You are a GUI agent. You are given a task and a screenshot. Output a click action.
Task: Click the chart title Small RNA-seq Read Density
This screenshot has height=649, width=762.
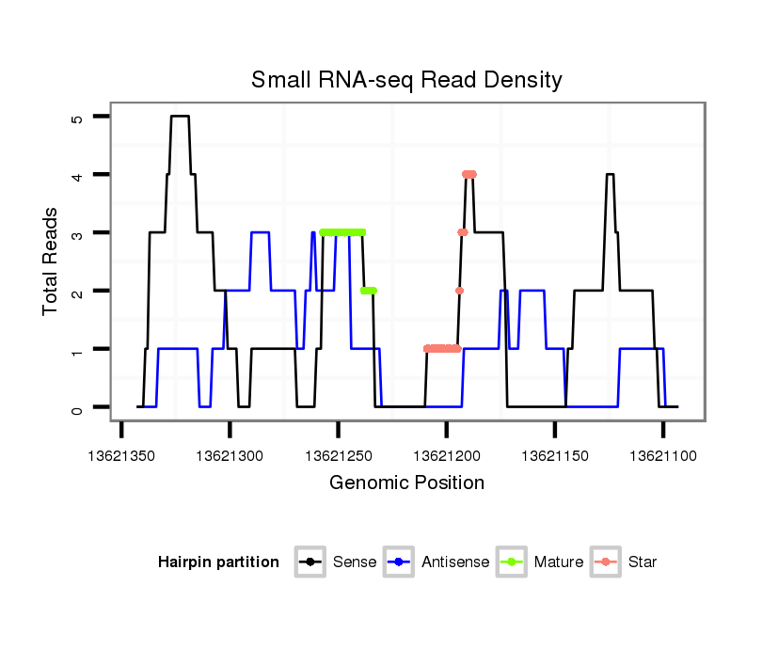406,80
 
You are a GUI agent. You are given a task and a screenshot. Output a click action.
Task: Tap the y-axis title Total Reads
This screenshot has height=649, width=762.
51,261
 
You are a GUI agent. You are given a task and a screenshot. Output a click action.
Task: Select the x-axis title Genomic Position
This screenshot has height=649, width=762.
406,483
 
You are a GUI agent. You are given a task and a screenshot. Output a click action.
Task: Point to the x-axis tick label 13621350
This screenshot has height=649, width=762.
121,455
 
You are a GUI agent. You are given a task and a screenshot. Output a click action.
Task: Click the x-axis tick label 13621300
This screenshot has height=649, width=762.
230,455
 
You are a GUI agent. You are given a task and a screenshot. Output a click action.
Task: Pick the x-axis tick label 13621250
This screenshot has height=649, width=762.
338,455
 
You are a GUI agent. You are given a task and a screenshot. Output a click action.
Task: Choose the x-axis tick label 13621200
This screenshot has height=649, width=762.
446,455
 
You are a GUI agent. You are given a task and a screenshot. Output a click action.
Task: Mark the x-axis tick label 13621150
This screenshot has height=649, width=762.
554,455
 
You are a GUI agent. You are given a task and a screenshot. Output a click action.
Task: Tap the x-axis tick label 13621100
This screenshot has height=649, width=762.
662,455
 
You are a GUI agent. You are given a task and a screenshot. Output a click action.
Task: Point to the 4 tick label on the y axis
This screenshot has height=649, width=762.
77,175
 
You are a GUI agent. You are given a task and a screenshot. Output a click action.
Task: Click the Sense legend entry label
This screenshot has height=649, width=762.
355,562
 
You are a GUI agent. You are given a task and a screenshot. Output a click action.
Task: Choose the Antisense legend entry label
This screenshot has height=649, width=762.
455,562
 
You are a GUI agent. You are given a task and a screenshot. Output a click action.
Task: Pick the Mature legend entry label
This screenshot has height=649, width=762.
559,562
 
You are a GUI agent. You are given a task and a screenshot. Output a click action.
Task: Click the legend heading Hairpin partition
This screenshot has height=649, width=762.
218,562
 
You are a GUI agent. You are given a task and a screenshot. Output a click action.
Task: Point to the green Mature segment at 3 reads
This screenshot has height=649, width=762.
342,232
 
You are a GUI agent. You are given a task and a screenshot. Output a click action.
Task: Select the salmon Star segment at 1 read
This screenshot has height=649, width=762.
442,349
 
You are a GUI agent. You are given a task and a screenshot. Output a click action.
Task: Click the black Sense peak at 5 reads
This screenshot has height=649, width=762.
180,117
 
